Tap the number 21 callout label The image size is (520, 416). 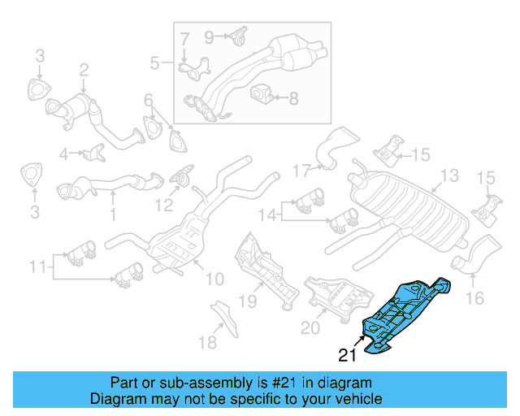[x=348, y=355]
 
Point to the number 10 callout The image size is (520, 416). [x=214, y=279]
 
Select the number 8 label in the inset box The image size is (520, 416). [x=293, y=98]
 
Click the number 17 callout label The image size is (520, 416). [x=302, y=171]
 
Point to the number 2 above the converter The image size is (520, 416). [x=83, y=71]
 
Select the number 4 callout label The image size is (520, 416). [x=64, y=152]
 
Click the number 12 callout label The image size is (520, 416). [x=165, y=206]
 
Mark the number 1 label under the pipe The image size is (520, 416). [x=113, y=215]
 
